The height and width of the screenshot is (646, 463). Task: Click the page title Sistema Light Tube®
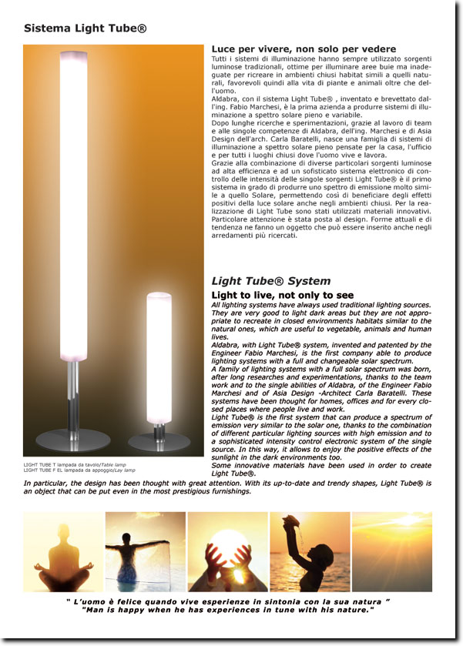[85, 28]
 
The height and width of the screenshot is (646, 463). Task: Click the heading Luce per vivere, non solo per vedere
[304, 49]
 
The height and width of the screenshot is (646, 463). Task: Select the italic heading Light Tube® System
[271, 281]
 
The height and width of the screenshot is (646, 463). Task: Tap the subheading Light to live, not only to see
[283, 295]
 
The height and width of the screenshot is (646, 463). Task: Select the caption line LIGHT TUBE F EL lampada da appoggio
[79, 470]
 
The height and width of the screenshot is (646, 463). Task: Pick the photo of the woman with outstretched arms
[146, 551]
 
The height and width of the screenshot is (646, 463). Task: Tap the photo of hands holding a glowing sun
[227, 551]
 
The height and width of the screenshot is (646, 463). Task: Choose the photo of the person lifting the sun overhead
[309, 551]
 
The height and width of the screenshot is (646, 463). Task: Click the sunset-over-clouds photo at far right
[391, 551]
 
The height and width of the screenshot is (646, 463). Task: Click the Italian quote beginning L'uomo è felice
[228, 601]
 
